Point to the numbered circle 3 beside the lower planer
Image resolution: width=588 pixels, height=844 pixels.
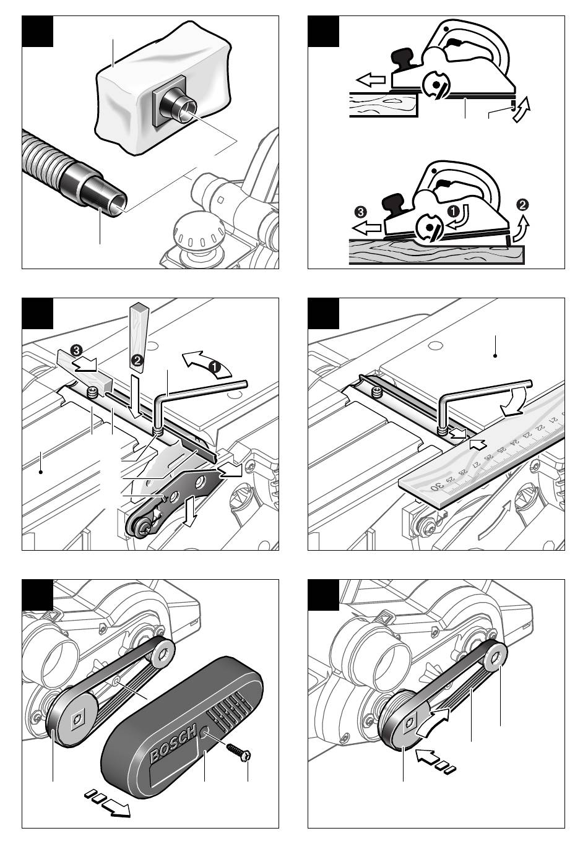pos(360,212)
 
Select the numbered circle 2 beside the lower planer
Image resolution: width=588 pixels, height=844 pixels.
pos(524,204)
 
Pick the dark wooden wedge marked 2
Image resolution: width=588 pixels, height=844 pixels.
pos(139,337)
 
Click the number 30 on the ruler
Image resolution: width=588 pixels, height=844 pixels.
pos(437,486)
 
